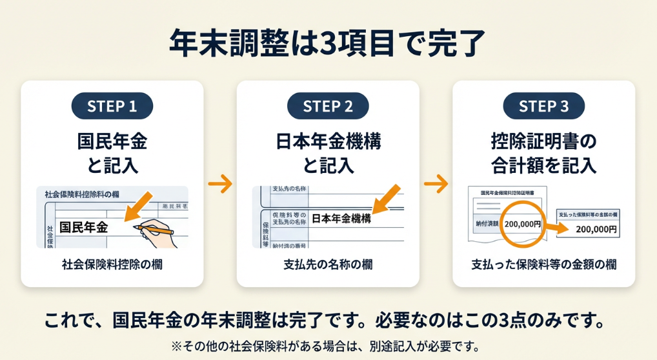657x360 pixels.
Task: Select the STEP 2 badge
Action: click(x=328, y=106)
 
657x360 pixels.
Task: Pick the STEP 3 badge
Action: click(x=544, y=106)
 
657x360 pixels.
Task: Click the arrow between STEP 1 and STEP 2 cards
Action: click(x=221, y=184)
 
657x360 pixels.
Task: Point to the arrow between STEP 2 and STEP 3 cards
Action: click(x=436, y=184)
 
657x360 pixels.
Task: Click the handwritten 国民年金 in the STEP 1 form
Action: click(x=83, y=227)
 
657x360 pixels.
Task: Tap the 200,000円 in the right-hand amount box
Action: click(x=596, y=229)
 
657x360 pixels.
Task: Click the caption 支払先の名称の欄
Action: click(x=328, y=265)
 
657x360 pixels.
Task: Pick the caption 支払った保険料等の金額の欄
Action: click(x=544, y=265)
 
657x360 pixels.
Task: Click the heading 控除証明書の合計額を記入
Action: click(x=544, y=152)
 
